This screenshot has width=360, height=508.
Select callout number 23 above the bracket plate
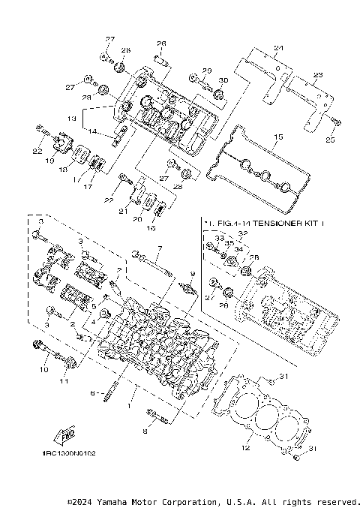coord(317,76)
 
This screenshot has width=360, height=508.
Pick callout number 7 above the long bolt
coord(159,248)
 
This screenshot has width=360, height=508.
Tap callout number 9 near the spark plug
coord(192,274)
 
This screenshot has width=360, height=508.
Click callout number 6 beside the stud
coord(93,392)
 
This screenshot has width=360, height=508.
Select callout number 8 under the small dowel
coord(147,433)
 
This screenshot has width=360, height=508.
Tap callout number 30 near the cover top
coord(222,80)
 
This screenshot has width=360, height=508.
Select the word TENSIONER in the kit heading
coord(273,224)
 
